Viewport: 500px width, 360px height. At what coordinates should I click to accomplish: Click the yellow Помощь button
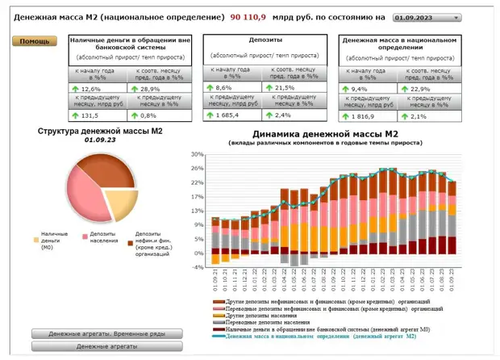pos(34,41)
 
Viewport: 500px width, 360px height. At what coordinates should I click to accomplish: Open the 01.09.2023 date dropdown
pos(427,17)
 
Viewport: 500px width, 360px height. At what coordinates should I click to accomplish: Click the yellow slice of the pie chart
pos(120,202)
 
